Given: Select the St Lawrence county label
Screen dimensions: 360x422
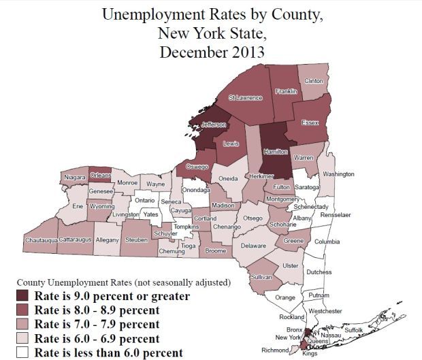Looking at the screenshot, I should pyautogui.click(x=245, y=98).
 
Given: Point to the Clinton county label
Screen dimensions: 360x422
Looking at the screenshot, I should pyautogui.click(x=314, y=81).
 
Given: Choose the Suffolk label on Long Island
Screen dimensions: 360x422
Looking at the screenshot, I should pyautogui.click(x=355, y=329).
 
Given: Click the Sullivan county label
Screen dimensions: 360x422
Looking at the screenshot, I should pyautogui.click(x=261, y=278).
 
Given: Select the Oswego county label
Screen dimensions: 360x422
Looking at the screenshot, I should pyautogui.click(x=197, y=167).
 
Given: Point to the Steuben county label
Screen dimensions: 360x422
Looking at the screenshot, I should pyautogui.click(x=137, y=240).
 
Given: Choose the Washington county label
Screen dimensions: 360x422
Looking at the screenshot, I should pyautogui.click(x=338, y=174).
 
